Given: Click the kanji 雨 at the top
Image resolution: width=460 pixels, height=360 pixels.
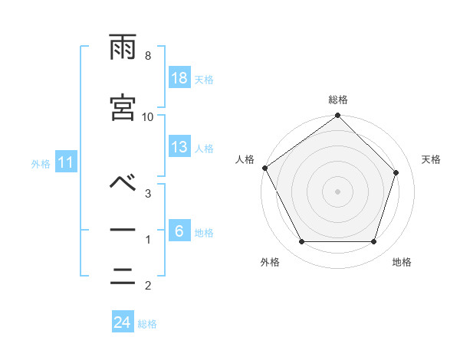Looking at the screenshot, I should [123, 48].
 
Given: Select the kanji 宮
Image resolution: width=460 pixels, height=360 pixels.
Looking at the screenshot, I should [123, 107].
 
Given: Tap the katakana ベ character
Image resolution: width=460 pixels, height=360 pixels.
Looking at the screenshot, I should [123, 183].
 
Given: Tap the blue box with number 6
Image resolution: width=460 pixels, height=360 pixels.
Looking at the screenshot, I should [179, 231].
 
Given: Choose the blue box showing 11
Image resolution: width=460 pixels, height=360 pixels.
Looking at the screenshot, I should [65, 162].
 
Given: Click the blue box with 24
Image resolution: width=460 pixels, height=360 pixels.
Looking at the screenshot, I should [123, 322].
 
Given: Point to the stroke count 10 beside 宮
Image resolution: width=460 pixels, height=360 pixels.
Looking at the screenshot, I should [148, 116].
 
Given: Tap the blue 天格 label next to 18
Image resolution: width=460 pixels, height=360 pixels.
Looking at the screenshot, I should [204, 80].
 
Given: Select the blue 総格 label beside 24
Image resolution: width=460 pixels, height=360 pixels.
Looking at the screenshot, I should [147, 324].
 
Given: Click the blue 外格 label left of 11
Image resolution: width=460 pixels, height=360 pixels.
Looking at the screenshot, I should [41, 163].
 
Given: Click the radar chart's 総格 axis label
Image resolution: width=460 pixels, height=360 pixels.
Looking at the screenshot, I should [338, 100].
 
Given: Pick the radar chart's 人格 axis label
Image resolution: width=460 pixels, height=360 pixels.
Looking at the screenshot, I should [245, 159].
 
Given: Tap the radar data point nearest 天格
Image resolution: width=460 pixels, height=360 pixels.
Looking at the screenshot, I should [396, 172].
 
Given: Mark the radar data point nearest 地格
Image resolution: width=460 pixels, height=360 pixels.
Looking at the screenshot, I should [374, 242].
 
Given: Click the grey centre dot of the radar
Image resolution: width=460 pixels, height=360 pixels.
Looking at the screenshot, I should [338, 191].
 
